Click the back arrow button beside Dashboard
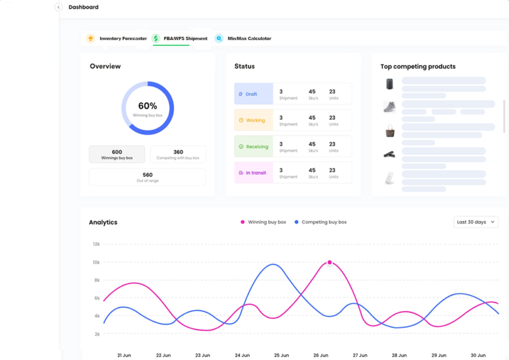pos(59,7)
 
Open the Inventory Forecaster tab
pos(117,38)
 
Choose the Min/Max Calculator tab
pos(244,38)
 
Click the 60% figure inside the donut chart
pos(148,106)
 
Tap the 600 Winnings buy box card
pos(117,154)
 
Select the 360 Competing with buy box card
pos(178,154)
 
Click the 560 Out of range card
pos(147,177)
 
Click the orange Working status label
pos(254,120)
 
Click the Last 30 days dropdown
pos(476,222)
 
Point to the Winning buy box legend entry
pos(263,222)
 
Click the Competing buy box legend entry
pos(320,222)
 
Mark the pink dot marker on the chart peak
pos(330,262)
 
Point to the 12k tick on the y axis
pos(96,244)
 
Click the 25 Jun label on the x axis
pos(281,355)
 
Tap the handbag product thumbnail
pos(390,131)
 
